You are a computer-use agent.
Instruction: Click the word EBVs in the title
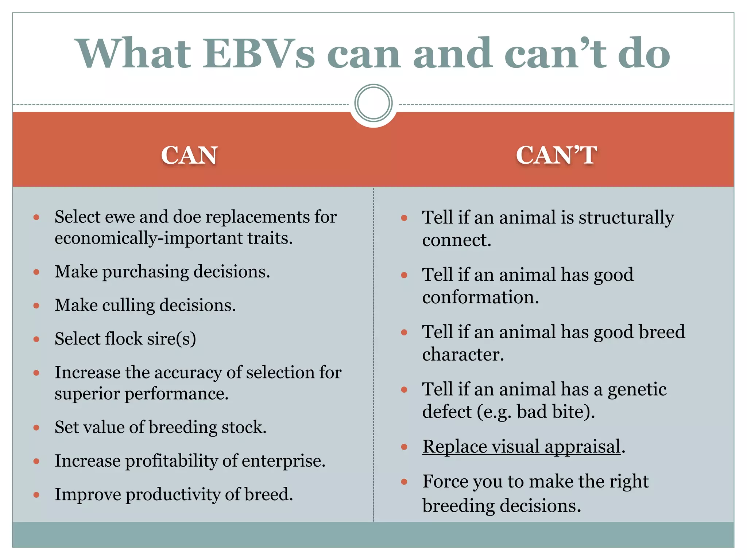coord(258,54)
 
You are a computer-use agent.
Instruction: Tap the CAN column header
coord(189,155)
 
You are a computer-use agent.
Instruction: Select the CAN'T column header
coord(556,155)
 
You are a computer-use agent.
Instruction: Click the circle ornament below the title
coord(373,103)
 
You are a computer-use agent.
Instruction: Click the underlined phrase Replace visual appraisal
coord(521,447)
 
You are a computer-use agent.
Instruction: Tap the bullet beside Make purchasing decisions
coord(36,272)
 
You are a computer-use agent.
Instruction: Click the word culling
coord(128,306)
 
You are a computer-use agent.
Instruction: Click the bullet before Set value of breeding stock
coord(36,428)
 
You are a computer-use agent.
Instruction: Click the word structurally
coord(626,218)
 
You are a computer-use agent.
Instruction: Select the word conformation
coord(480,297)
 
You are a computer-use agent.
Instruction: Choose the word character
coord(462,354)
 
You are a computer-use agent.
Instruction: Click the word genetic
coord(636,389)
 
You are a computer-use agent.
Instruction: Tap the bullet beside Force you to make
coord(404,482)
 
